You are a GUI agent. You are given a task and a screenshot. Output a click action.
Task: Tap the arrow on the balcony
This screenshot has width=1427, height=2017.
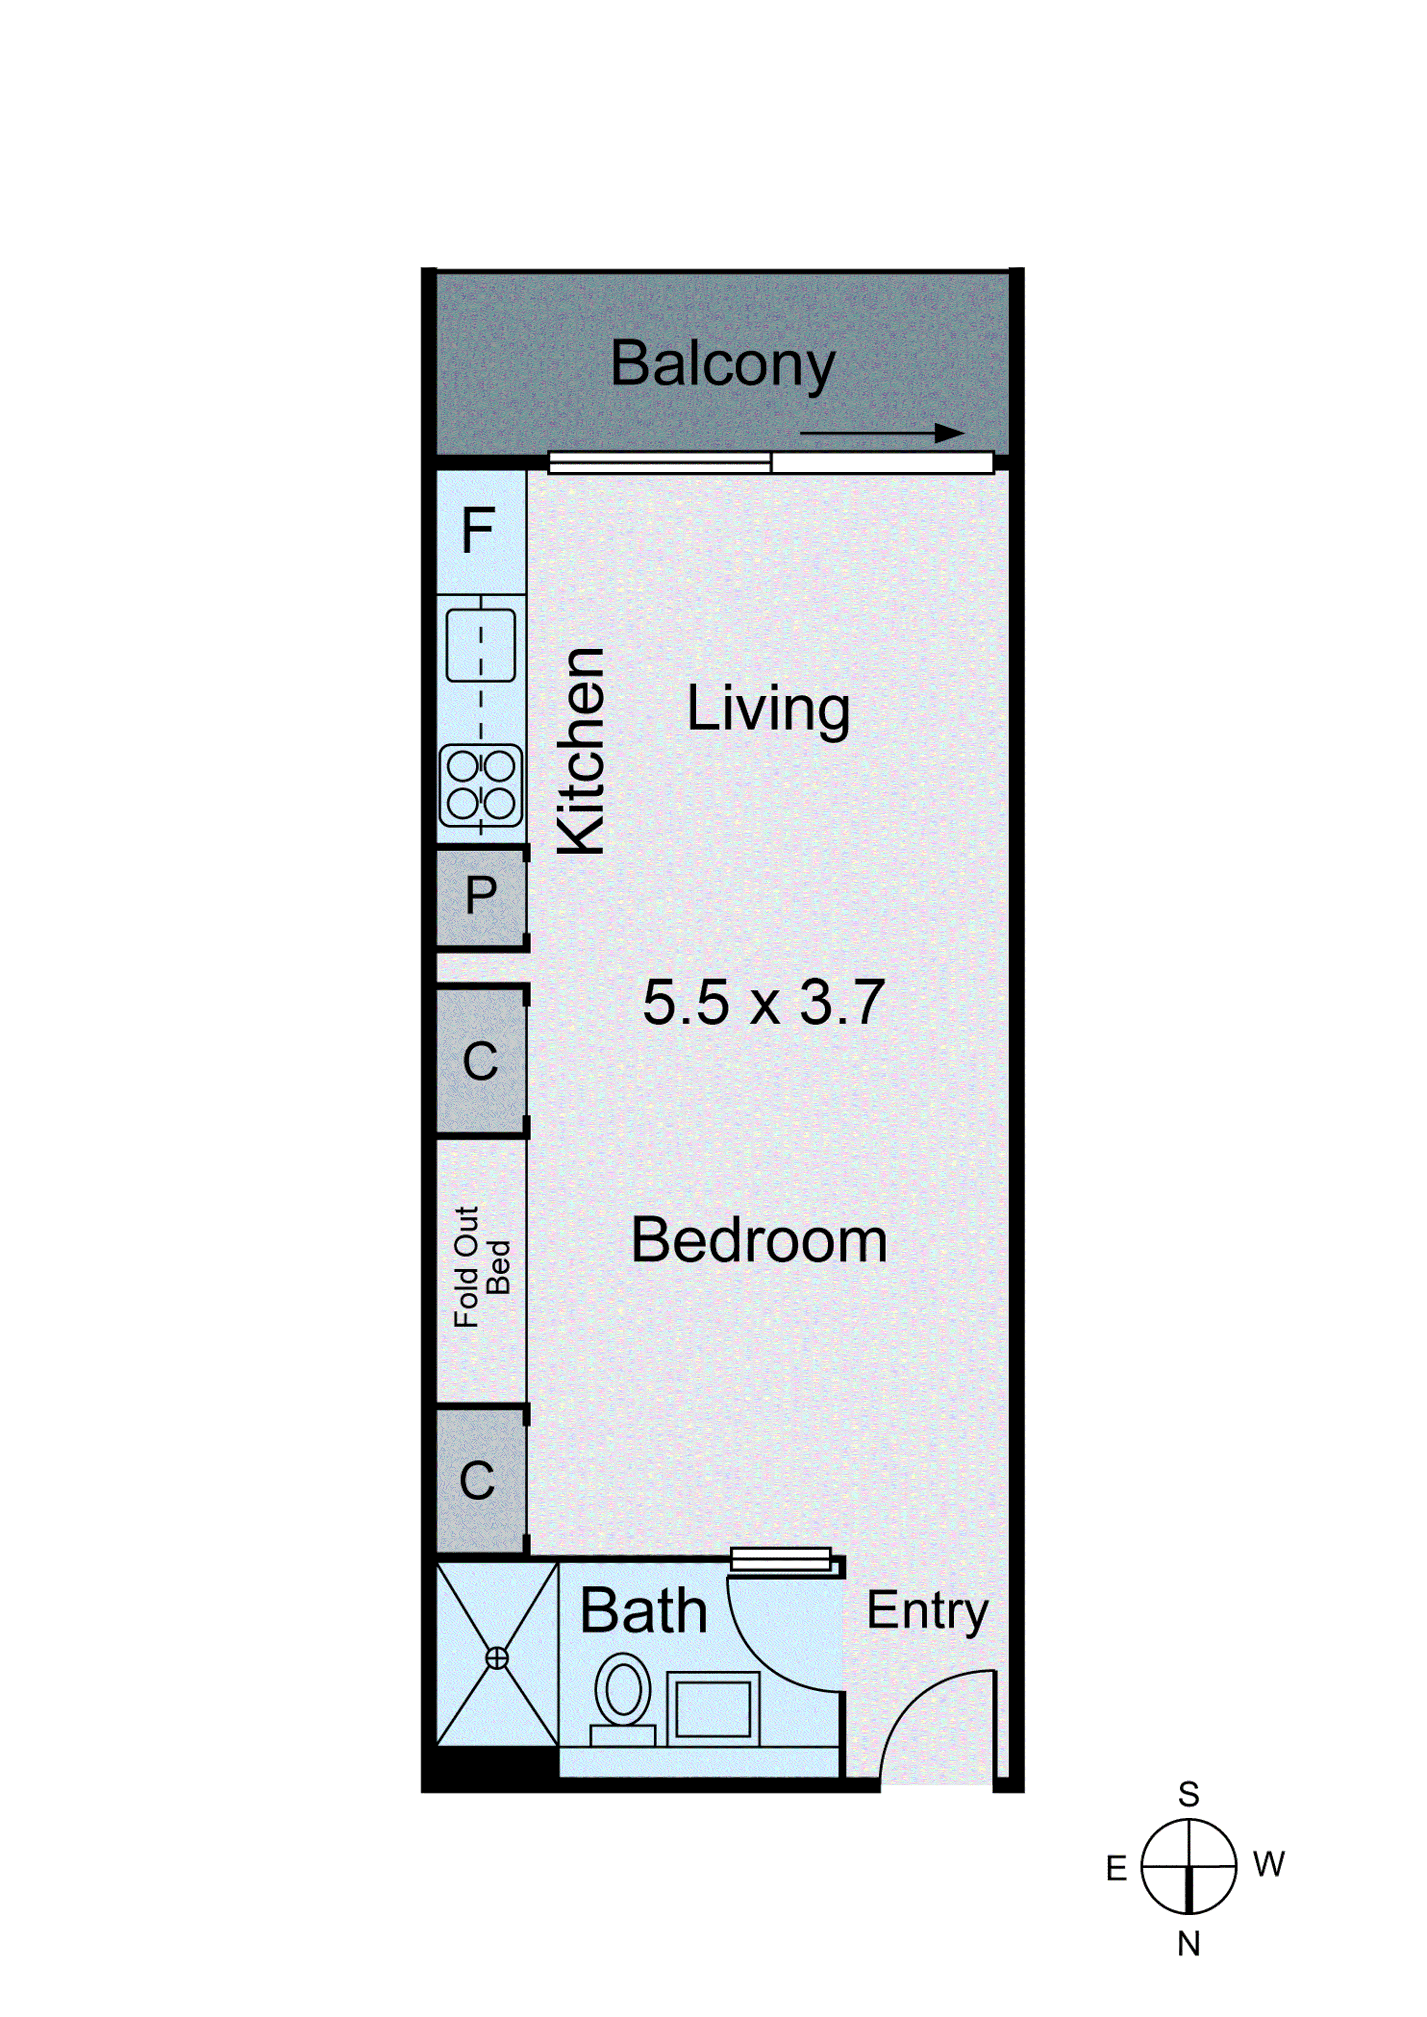pos(882,433)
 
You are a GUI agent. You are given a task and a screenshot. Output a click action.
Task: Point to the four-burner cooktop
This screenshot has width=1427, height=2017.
pos(480,785)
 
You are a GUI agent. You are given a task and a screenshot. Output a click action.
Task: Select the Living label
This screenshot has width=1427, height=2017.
pos(768,709)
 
